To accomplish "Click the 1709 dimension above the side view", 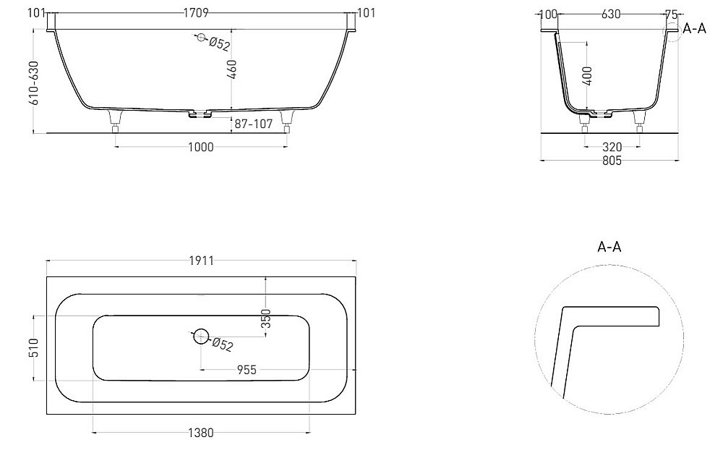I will (x=201, y=14).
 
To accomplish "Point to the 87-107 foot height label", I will (x=253, y=124).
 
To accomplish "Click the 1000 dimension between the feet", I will (x=201, y=148).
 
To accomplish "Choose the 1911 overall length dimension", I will (x=201, y=261).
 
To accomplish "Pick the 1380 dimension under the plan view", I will (x=201, y=433).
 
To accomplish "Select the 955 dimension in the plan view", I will (x=247, y=370).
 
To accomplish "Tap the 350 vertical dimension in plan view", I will (x=266, y=318).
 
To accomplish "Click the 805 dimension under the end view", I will (x=611, y=161).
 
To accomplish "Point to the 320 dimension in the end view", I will (x=611, y=147).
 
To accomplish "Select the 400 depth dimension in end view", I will (x=586, y=76).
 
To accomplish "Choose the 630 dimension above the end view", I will (x=611, y=14).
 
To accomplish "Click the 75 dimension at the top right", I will (x=672, y=14).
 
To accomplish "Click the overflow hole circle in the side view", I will (x=200, y=39).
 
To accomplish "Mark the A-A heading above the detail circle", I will (x=609, y=247).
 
